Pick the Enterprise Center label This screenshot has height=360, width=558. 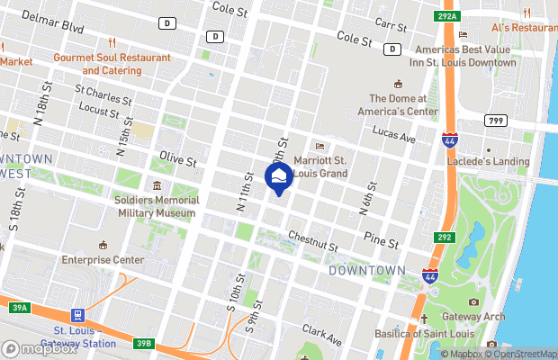103,259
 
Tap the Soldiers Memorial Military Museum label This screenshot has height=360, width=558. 156,206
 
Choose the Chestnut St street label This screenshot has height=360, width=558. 312,240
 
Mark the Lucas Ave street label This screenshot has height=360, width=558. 395,138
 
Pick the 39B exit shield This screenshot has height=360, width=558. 145,343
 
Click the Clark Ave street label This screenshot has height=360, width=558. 323,337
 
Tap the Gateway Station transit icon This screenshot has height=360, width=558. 79,316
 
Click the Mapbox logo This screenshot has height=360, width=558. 40,349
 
